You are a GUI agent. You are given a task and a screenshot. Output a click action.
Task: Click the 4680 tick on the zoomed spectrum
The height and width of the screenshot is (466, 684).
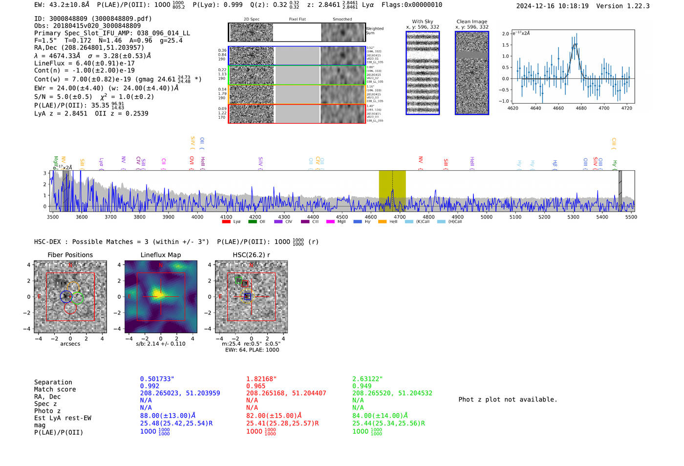pyautogui.click(x=581, y=108)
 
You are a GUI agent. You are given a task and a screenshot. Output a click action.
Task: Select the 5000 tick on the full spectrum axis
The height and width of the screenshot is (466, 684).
pyautogui.click(x=487, y=217)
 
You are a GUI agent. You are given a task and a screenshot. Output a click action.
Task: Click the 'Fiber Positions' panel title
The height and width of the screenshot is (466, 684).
pyautogui.click(x=70, y=255)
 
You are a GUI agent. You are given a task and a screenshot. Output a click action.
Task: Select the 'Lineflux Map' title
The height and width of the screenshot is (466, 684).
pyautogui.click(x=161, y=255)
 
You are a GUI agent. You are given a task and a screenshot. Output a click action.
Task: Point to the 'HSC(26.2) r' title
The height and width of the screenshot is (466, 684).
pyautogui.click(x=251, y=255)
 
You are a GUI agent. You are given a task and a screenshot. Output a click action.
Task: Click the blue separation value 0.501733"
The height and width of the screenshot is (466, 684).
pyautogui.click(x=157, y=379)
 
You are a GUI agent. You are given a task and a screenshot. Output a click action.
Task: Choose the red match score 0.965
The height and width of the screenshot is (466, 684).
pyautogui.click(x=256, y=386)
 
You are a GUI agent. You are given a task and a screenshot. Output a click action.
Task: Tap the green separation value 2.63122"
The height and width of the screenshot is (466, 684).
pyautogui.click(x=367, y=379)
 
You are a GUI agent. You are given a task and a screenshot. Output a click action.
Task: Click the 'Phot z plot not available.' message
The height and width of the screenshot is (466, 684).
pyautogui.click(x=508, y=399)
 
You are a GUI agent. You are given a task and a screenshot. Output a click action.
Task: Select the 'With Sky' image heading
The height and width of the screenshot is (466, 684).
pyautogui.click(x=423, y=22)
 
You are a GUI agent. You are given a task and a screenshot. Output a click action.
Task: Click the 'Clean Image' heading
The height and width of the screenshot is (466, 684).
pyautogui.click(x=471, y=22)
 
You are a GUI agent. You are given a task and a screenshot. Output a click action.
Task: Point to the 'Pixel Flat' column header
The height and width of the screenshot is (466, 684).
pyautogui.click(x=297, y=20)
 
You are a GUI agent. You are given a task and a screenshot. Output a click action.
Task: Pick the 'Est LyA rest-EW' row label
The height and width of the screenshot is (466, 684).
pyautogui.click(x=63, y=418)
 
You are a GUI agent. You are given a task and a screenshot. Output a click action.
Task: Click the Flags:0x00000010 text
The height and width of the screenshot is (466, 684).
pyautogui.click(x=412, y=5)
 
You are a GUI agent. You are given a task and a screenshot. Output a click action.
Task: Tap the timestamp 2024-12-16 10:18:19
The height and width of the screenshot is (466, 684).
pyautogui.click(x=552, y=6)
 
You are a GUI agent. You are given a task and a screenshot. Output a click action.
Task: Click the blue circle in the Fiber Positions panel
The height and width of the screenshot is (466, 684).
pyautogui.click(x=66, y=296)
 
